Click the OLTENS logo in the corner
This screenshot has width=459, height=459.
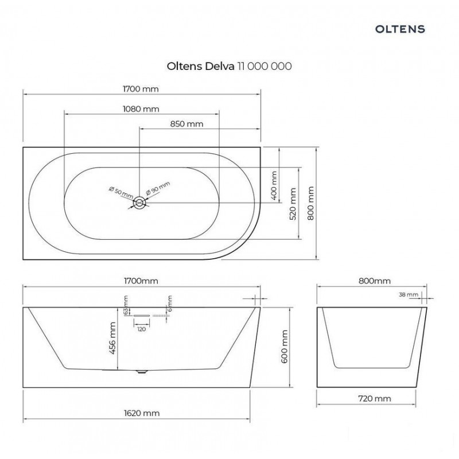(x=400, y=29)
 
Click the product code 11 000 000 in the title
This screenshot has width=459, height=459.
(x=264, y=66)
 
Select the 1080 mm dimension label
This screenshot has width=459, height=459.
(x=141, y=109)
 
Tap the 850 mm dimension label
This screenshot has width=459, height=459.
(x=187, y=124)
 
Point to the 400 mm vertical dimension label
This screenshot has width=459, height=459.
(x=274, y=185)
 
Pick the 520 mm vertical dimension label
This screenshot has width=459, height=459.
(x=293, y=204)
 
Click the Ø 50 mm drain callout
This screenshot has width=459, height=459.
(x=120, y=192)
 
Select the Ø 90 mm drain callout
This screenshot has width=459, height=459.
(x=158, y=188)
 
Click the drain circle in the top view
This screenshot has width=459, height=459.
(x=139, y=203)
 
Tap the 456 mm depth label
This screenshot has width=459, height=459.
(x=112, y=338)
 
